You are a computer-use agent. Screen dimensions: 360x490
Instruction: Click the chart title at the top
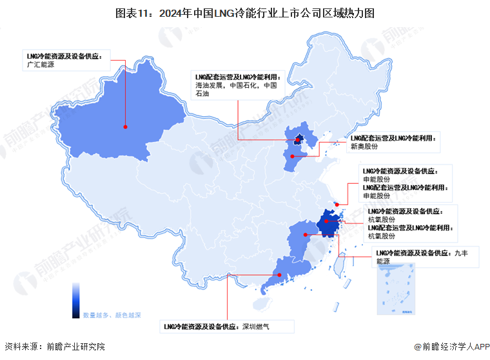point(244,12)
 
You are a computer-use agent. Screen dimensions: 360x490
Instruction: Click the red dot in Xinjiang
point(125,127)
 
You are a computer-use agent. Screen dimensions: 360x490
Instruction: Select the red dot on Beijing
point(298,139)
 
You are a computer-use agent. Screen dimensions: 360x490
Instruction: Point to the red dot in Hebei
point(292,155)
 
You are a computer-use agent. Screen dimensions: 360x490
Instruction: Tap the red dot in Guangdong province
point(279,275)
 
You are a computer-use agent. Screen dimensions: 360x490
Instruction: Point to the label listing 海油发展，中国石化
point(236,85)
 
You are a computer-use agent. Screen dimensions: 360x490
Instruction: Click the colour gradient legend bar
point(76,299)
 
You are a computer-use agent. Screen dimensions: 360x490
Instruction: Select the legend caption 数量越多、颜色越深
point(112,315)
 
